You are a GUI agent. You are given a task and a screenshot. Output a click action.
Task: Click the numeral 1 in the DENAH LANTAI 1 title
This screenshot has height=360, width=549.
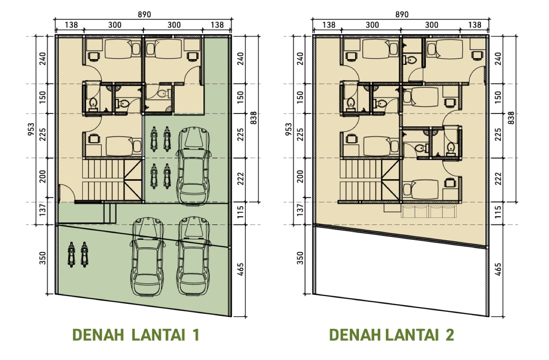(196, 335)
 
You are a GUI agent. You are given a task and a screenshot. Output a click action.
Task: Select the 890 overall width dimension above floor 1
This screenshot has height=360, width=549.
(144, 15)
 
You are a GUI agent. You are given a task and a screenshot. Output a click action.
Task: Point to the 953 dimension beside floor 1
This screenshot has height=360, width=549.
(31, 129)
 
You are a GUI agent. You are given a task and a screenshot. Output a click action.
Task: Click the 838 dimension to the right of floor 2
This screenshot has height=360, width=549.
(511, 118)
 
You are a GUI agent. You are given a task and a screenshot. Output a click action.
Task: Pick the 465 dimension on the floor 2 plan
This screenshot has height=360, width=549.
(498, 269)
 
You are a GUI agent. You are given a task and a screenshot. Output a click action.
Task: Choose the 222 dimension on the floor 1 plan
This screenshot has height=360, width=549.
(241, 179)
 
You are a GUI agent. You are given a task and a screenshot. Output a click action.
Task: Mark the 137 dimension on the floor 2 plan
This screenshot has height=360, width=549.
(300, 210)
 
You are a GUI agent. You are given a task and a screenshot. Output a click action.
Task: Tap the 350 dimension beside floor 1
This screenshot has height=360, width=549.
(43, 258)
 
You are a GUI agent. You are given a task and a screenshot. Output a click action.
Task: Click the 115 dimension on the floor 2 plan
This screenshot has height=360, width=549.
(498, 212)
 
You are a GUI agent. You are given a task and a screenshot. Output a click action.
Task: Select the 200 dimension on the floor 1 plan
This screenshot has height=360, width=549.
(43, 176)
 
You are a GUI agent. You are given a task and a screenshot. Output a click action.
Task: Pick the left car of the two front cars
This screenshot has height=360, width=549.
(147, 256)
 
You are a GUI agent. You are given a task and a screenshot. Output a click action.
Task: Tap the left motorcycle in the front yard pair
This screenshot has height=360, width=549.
(71, 254)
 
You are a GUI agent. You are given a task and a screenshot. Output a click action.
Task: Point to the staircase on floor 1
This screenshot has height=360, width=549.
(112, 180)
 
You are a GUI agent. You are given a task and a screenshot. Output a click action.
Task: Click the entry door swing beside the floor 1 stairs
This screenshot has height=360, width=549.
(67, 193)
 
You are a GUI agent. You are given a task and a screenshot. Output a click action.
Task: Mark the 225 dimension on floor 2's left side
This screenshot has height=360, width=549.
(300, 134)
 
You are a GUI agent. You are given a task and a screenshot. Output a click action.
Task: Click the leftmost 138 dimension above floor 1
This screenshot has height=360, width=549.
(71, 25)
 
